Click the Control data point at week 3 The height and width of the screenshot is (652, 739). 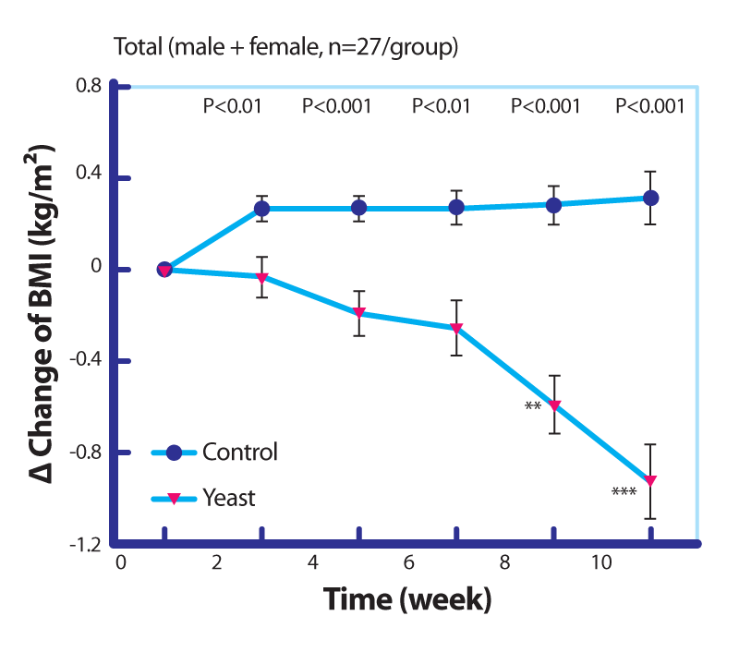261,209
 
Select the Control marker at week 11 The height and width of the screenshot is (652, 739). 650,198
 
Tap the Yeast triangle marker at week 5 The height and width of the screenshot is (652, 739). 359,313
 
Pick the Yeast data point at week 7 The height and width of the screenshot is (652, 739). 456,328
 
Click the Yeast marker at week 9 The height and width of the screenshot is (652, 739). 554,405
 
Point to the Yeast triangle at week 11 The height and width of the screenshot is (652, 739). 650,481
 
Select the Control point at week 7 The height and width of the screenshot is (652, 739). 456,208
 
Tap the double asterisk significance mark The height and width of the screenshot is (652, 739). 532,407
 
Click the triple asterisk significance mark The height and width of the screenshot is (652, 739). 624,492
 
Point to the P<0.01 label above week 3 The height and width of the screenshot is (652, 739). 233,106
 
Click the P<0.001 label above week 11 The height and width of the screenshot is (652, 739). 650,106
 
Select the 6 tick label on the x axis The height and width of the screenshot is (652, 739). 408,561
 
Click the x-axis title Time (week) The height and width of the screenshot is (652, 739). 406,600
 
